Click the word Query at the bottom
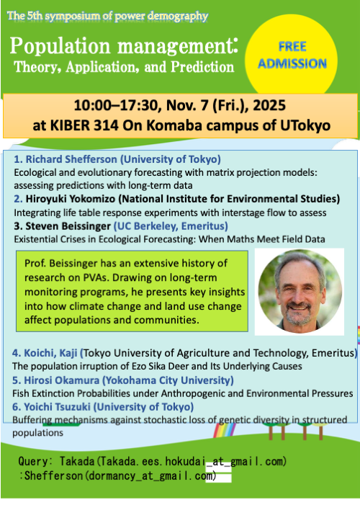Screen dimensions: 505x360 [x=33, y=460]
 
